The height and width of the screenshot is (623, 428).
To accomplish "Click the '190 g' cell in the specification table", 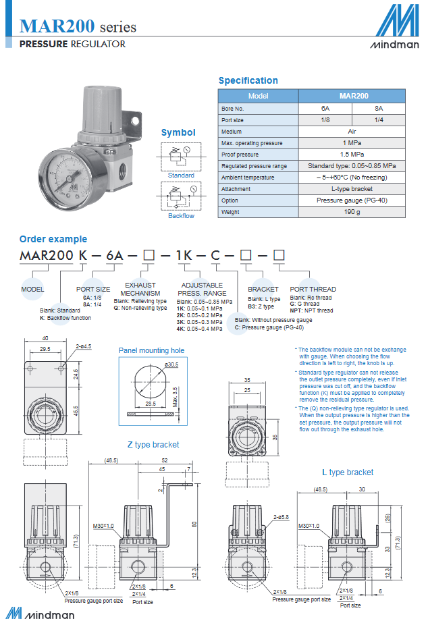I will (352, 212).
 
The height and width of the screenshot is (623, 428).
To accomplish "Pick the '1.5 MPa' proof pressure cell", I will (352, 155).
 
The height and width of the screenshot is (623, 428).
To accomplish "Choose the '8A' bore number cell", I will (379, 109).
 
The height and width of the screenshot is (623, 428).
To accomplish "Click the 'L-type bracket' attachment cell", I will (352, 189).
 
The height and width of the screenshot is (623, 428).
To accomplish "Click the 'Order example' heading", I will (53, 239).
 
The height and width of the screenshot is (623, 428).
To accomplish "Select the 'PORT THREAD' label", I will (313, 290).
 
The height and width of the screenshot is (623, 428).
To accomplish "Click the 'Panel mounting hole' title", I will (151, 351).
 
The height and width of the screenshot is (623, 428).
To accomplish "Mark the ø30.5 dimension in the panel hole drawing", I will (172, 365).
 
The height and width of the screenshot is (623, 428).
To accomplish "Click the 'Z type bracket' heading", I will (153, 445).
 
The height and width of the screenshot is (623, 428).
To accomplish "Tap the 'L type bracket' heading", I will (347, 472).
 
